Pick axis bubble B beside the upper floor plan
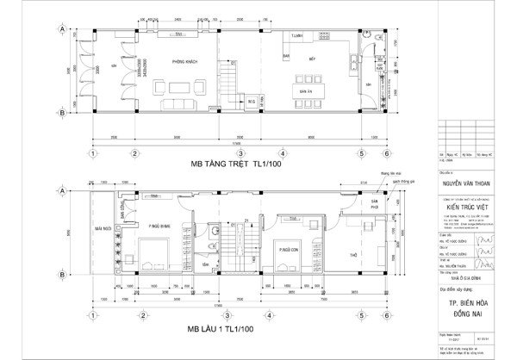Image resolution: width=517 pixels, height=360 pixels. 61,275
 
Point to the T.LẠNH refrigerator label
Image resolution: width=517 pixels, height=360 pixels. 297,37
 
